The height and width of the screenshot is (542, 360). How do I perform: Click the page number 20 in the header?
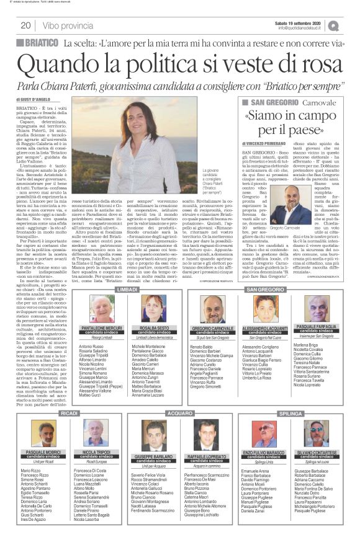click(x=26, y=25)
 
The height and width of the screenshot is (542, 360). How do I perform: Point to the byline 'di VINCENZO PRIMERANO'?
click(x=266, y=143)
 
